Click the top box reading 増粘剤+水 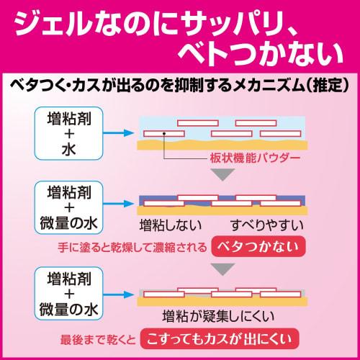pyautogui.click(x=69, y=133)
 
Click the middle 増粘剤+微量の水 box pyautogui.click(x=69, y=207)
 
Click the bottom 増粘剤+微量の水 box pyautogui.click(x=69, y=294)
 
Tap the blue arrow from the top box pyautogui.click(x=118, y=132)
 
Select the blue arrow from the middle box pyautogui.click(x=118, y=204)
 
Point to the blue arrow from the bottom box pyautogui.click(x=118, y=294)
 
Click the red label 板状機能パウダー pyautogui.click(x=255, y=158)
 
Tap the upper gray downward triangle pyautogui.click(x=222, y=174)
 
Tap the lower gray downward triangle pyautogui.click(x=222, y=269)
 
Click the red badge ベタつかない pyautogui.click(x=258, y=246)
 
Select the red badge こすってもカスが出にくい pyautogui.click(x=220, y=338)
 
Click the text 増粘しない pyautogui.click(x=171, y=225)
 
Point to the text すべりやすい pyautogui.click(x=266, y=225)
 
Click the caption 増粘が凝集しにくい pyautogui.click(x=218, y=316)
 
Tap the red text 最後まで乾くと pyautogui.click(x=98, y=340)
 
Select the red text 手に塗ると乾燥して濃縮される pyautogui.click(x=132, y=248)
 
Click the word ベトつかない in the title pyautogui.click(x=261, y=53)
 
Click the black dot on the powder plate pyautogui.click(x=164, y=133)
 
